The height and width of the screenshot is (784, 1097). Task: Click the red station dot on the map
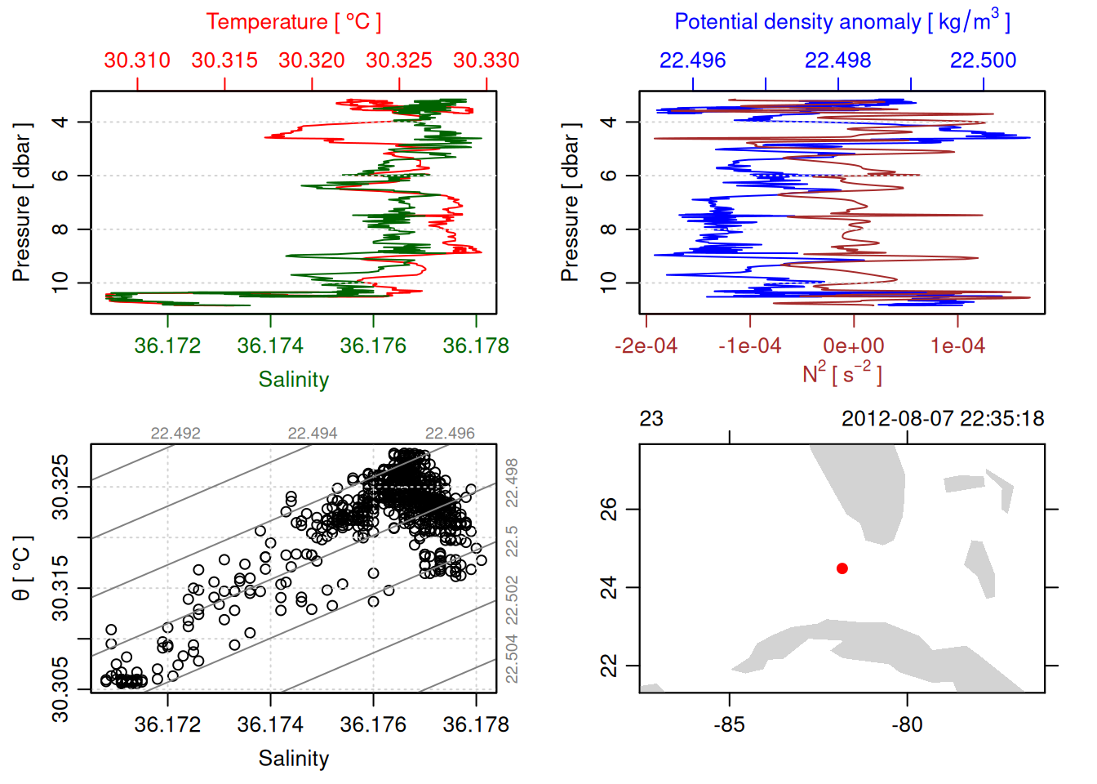[842, 568]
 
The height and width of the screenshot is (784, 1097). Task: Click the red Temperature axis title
[293, 22]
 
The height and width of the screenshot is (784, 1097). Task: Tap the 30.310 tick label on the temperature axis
[137, 60]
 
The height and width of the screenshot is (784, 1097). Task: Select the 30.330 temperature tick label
[486, 60]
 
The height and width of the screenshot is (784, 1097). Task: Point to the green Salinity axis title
[293, 380]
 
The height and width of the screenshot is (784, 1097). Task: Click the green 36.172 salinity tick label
[167, 346]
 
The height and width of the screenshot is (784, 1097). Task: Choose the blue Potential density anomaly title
[842, 22]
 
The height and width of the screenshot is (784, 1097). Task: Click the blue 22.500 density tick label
[984, 60]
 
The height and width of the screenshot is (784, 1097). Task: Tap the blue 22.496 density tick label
[692, 60]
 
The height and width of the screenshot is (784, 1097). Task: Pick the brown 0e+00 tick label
[854, 346]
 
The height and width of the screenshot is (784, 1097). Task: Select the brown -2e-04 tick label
[646, 346]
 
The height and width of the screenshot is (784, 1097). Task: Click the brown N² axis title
[842, 373]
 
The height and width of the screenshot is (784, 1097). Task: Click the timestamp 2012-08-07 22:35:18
[943, 419]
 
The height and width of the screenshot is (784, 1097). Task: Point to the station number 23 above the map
[651, 419]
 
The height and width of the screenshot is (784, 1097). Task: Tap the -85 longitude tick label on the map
[729, 725]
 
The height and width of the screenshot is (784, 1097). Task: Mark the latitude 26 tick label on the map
[609, 510]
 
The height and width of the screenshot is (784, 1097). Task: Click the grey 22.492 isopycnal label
[175, 434]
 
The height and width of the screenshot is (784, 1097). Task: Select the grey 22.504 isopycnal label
[512, 658]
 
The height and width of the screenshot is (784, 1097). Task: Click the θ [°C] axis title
[22, 568]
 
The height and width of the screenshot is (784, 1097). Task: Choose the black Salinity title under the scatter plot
[293, 759]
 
